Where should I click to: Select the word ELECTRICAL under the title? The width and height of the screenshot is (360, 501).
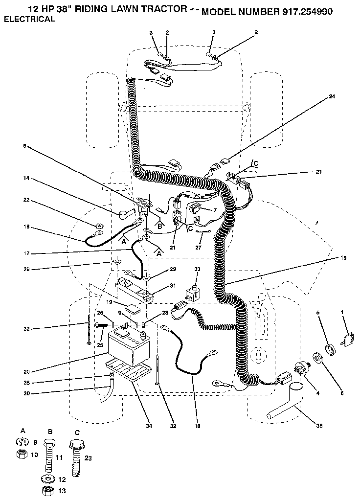point(29,20)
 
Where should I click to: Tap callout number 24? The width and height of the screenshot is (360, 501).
point(332,97)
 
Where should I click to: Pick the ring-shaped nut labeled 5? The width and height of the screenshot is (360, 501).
point(331,349)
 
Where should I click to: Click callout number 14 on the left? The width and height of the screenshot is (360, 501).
point(25,179)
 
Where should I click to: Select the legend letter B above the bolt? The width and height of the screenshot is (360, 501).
point(50,432)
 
